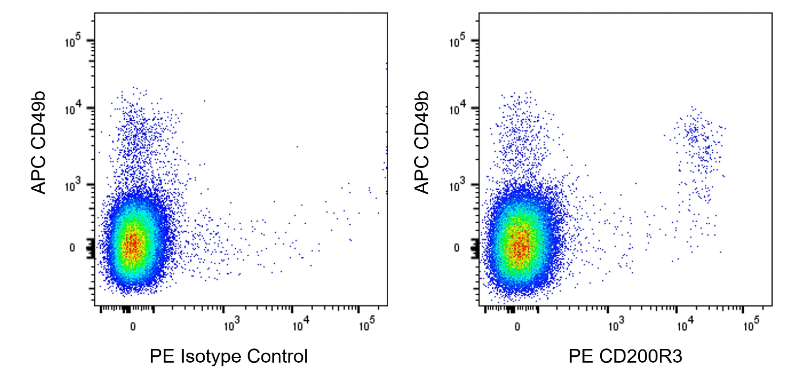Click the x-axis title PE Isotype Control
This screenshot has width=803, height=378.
(228, 356)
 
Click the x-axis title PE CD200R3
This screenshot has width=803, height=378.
(625, 356)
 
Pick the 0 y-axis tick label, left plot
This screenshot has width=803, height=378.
(72, 247)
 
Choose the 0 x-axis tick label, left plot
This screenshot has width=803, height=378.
(133, 326)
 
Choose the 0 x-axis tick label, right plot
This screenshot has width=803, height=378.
(517, 326)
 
